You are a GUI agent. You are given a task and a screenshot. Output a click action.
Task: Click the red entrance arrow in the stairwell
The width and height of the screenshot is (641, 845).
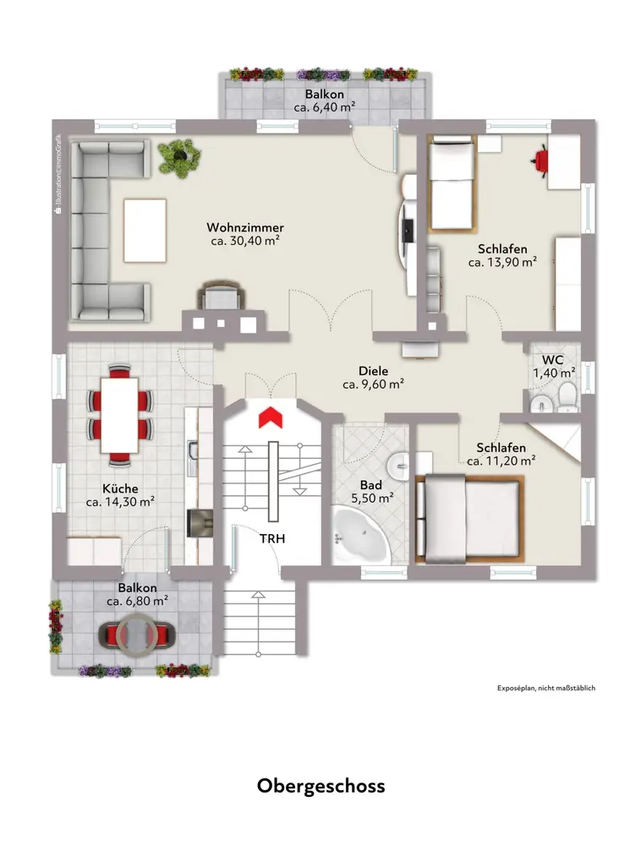(x=271, y=417)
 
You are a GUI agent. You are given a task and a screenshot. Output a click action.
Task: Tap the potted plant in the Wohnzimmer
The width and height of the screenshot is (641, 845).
(x=179, y=157)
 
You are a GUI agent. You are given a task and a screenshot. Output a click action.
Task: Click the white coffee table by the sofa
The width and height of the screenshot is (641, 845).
(x=145, y=231)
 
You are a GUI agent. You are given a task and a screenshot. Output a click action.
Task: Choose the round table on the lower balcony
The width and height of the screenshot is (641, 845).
(x=137, y=635)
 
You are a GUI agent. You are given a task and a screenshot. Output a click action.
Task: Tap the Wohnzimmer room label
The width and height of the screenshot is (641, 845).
(x=245, y=227)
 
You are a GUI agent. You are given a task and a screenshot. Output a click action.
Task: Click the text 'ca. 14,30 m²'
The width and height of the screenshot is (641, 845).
(x=120, y=502)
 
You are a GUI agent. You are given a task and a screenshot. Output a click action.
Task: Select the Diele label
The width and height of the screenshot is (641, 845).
(x=373, y=371)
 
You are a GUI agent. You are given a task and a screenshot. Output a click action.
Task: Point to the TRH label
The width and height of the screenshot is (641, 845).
(x=272, y=538)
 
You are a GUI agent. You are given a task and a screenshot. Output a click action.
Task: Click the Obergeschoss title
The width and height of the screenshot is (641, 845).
(x=320, y=786)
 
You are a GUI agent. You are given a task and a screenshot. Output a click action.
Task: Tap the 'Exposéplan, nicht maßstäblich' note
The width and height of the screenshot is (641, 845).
(x=546, y=688)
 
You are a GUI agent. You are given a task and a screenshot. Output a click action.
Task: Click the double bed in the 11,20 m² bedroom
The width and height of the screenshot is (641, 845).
(x=469, y=519)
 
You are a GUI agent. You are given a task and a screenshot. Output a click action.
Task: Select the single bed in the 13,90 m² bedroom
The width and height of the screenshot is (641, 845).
(x=452, y=183)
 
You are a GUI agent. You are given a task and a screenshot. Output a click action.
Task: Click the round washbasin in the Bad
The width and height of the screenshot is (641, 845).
(x=397, y=463)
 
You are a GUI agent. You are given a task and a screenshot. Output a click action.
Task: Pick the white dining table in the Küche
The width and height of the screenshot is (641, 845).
(x=119, y=416)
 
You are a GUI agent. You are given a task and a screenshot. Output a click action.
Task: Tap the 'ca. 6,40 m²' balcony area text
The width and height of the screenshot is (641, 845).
(x=324, y=106)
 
